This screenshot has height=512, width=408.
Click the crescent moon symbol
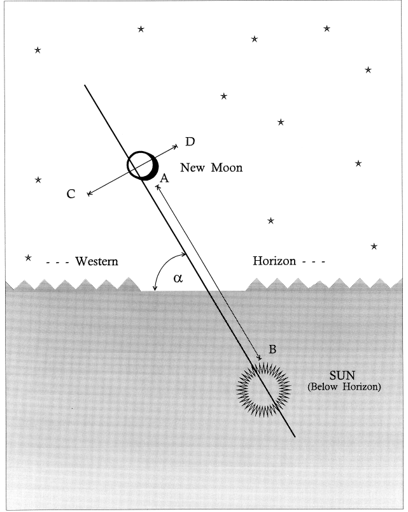click(143, 166)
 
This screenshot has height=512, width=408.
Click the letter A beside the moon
click(163, 180)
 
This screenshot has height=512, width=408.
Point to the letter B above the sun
click(272, 349)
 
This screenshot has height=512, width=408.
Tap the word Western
click(97, 261)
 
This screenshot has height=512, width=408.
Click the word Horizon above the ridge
click(275, 261)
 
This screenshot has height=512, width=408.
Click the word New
click(193, 168)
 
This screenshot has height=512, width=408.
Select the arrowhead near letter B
click(260, 359)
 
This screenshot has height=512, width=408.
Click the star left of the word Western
click(28, 258)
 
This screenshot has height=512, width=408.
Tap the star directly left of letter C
click(38, 180)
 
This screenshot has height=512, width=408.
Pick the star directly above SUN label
click(374, 246)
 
